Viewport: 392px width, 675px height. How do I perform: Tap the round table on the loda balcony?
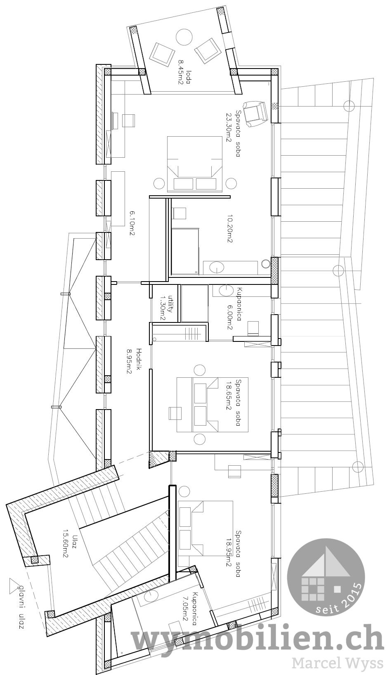pyautogui.click(x=184, y=38)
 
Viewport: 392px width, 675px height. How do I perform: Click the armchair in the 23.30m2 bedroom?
pyautogui.click(x=255, y=114)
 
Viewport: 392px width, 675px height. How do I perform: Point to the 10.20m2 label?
pyautogui.click(x=229, y=228)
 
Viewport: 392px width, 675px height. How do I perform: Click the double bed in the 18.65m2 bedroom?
pyautogui.click(x=213, y=405)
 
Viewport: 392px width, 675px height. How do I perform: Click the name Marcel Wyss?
pyautogui.click(x=335, y=663)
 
